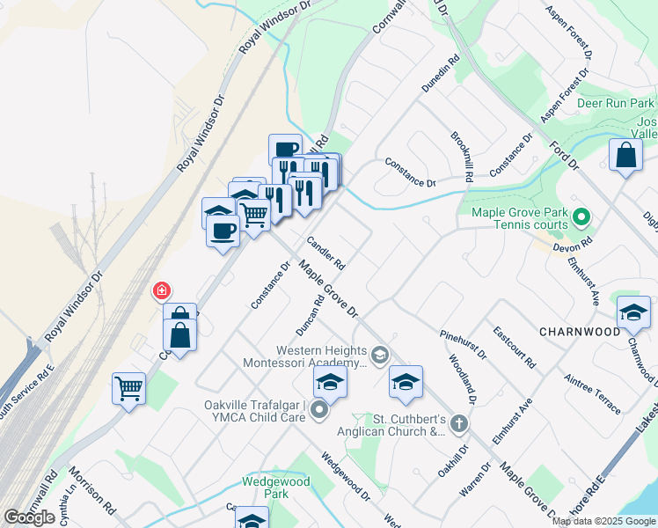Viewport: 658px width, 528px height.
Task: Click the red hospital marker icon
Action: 161,290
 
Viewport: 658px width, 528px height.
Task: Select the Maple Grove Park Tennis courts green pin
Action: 581,216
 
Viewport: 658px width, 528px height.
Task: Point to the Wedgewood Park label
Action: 266,488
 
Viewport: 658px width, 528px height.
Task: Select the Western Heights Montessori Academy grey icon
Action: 380,356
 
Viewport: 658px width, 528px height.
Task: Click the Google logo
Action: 30,517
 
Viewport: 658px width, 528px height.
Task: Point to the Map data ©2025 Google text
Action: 603,521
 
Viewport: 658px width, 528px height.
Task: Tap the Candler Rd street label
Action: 325,253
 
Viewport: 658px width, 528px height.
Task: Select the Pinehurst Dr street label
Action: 463,344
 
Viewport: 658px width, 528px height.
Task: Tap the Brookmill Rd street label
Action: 463,157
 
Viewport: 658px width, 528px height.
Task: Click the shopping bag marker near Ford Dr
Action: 625,155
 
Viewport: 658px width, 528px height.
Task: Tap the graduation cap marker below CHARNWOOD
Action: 633,312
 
